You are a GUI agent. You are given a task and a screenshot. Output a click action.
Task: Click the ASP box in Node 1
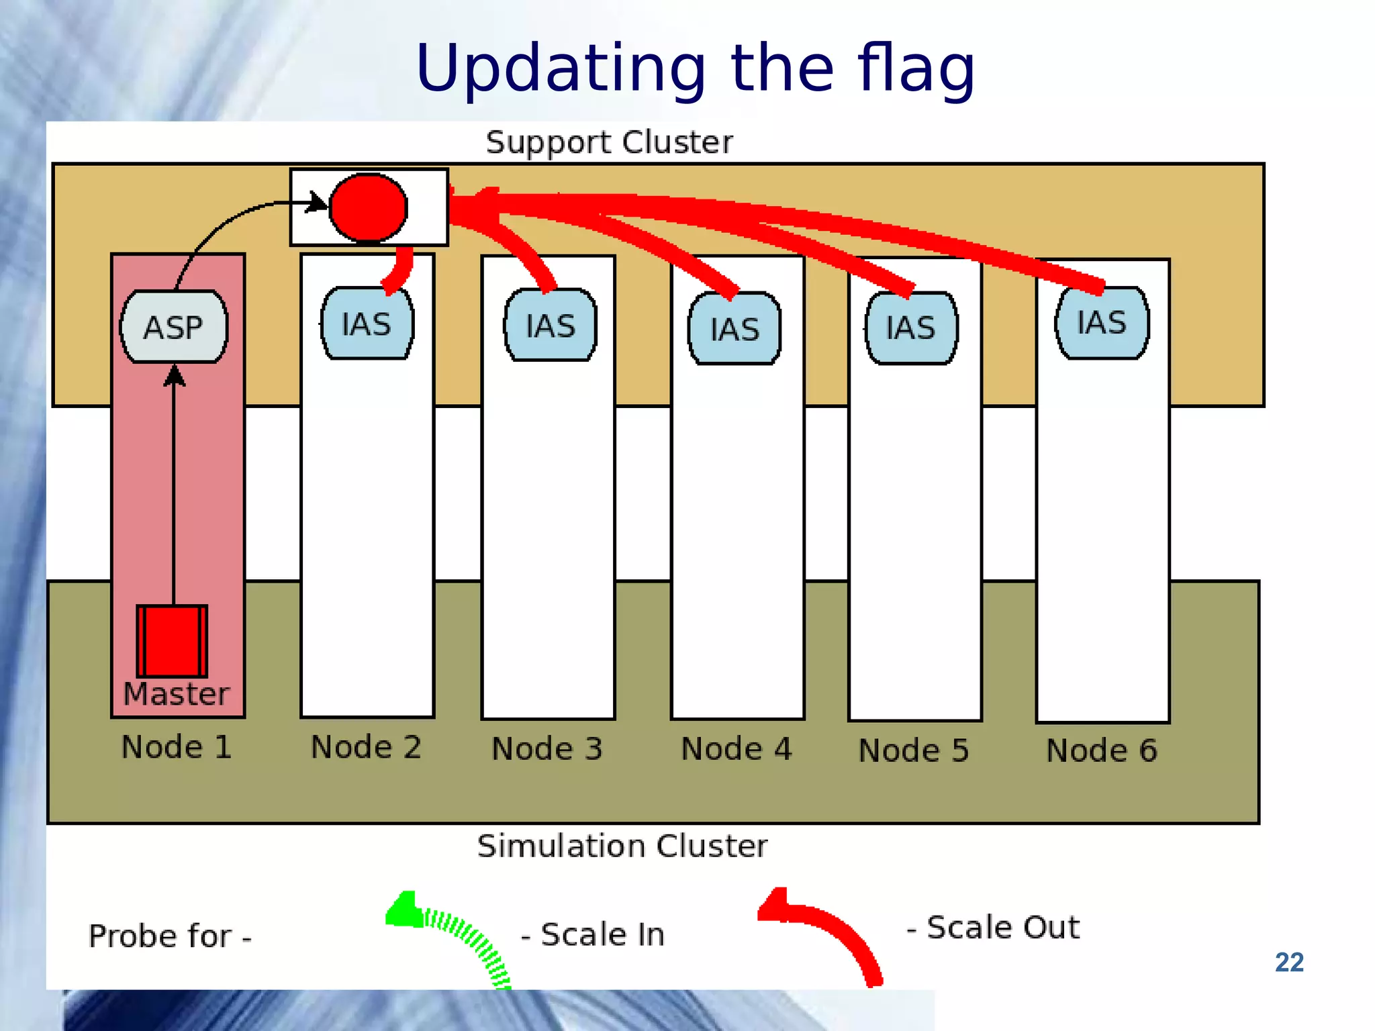pos(174,327)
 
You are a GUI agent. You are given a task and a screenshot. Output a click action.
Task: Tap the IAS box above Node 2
pos(367,324)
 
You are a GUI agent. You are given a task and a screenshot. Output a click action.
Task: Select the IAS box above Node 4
pos(734,329)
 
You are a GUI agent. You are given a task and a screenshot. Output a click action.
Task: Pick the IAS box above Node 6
pos(1102,323)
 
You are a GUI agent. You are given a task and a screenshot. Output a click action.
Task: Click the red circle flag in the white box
pos(368,207)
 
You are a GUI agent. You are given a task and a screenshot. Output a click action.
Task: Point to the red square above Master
pos(172,641)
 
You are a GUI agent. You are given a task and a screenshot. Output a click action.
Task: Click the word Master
pos(177,694)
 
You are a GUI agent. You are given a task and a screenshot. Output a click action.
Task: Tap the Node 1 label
pos(177,747)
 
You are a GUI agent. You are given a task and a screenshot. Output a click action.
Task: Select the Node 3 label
pos(547,749)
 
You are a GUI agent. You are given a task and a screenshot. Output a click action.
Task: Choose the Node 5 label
pos(914,750)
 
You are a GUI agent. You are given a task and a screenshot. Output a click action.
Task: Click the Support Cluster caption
pos(609,142)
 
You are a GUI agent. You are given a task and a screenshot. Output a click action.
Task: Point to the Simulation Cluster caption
pos(622,846)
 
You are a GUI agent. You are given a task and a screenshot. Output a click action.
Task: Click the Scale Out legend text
pos(994,928)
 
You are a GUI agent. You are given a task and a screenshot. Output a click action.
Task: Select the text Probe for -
pos(170,936)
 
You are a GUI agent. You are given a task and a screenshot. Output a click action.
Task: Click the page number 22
pos(1288,963)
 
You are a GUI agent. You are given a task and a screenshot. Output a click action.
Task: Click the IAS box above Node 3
pos(551,326)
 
